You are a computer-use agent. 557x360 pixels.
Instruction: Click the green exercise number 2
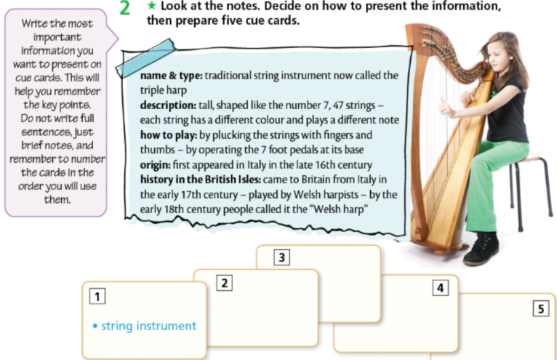pyautogui.click(x=124, y=9)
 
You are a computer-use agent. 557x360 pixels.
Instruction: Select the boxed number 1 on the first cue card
pyautogui.click(x=95, y=296)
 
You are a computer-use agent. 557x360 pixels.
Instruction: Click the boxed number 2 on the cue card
pyautogui.click(x=225, y=284)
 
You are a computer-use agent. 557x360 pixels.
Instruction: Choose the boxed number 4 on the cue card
pyautogui.click(x=440, y=288)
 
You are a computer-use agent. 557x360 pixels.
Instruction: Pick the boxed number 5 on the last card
pyautogui.click(x=540, y=309)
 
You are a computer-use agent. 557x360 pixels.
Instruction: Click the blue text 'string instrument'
pyautogui.click(x=148, y=326)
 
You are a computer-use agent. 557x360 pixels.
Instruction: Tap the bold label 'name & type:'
pyautogui.click(x=171, y=75)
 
